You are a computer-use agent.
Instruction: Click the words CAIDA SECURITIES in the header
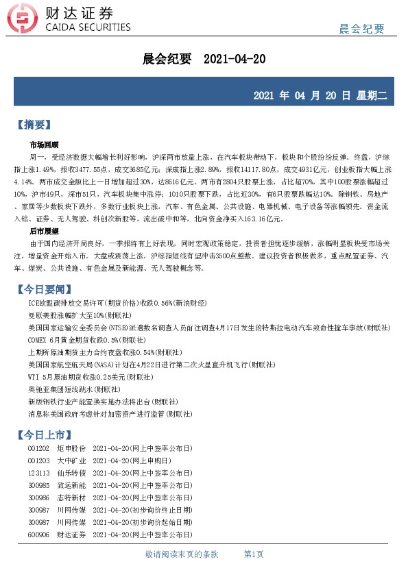tap(87, 27)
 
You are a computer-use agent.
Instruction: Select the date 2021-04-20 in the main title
tap(235, 60)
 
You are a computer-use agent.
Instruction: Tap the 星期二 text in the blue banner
tap(372, 95)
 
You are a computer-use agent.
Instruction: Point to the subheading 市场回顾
tap(44, 145)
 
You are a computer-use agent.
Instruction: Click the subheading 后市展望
tap(44, 232)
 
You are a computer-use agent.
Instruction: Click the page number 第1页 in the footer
tap(254, 554)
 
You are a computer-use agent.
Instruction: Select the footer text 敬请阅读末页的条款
tap(182, 554)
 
